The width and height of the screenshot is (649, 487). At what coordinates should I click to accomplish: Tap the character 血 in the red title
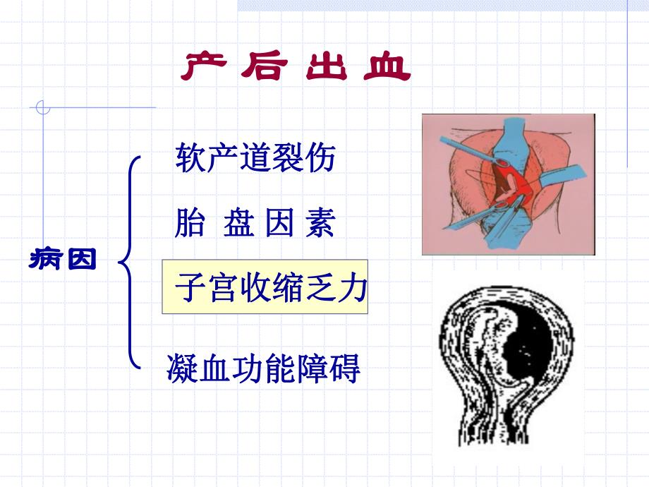pos(389,68)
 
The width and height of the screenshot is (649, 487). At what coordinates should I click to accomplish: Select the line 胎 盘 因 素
pos(254,224)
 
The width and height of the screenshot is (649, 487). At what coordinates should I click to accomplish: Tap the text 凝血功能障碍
pos(264,368)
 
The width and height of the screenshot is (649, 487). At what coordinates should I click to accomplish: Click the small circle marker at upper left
pos(42,108)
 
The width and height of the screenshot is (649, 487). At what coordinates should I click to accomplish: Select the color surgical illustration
pos(508,184)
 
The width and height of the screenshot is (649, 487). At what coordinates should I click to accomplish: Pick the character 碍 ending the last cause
pos(345,368)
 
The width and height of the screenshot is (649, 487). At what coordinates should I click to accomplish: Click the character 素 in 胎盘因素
pos(320,224)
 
